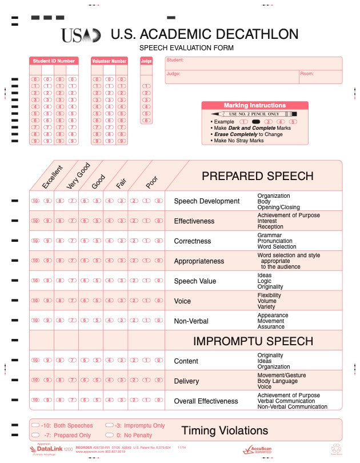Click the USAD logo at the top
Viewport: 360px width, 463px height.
[x=81, y=35]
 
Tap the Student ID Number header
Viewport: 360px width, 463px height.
[x=54, y=61]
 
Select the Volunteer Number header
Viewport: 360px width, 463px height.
[x=109, y=61]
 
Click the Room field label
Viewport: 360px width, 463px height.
[x=306, y=74]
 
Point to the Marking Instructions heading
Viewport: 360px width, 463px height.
[x=254, y=105]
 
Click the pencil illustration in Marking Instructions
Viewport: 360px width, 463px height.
[x=254, y=114]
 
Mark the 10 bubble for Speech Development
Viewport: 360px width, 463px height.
[x=35, y=201]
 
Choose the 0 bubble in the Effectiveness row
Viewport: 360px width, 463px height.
[x=159, y=221]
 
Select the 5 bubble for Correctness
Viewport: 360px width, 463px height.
[x=97, y=241]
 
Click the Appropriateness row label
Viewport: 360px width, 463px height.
[x=199, y=261]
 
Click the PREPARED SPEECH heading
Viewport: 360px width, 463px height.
[x=257, y=176]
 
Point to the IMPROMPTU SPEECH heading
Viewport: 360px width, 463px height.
[x=253, y=341]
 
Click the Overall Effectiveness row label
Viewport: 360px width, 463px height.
[x=206, y=401]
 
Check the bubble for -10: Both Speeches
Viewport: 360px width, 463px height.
[x=36, y=426]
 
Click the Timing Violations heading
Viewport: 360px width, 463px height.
[x=225, y=430]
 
